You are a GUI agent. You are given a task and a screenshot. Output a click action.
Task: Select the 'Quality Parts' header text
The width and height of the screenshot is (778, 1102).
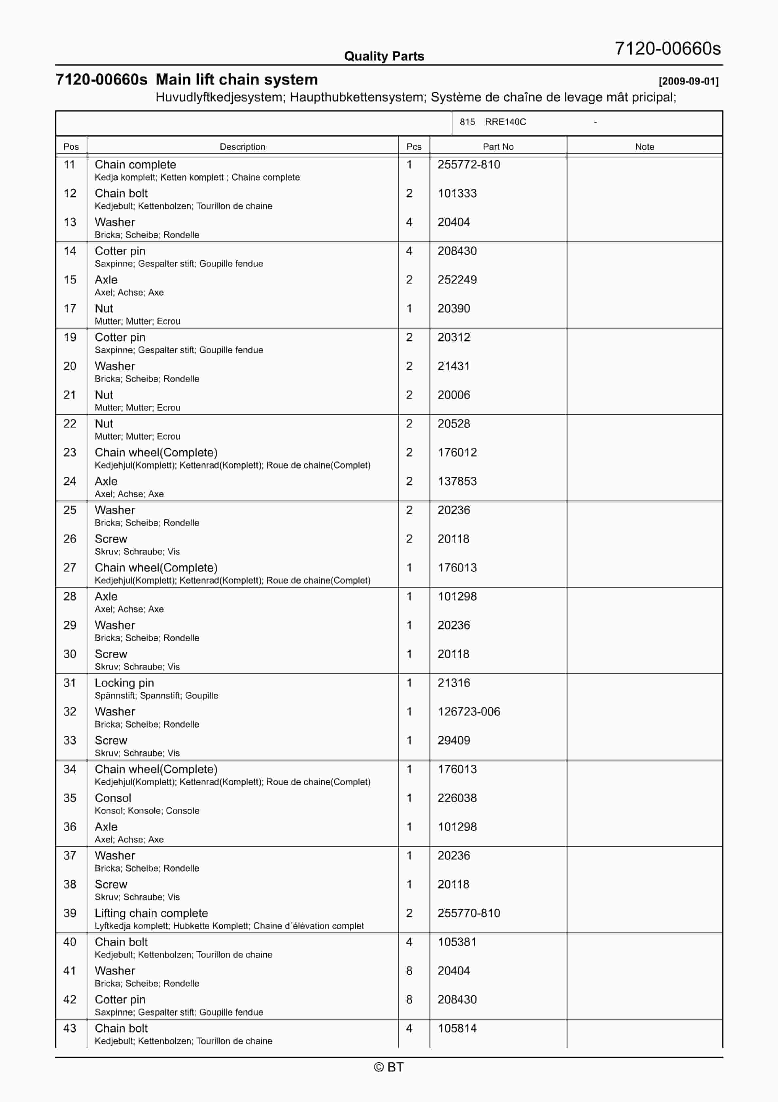(384, 56)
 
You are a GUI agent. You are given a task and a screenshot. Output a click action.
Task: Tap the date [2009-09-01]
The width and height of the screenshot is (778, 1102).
(688, 81)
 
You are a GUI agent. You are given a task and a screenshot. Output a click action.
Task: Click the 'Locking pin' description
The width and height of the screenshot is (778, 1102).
(124, 683)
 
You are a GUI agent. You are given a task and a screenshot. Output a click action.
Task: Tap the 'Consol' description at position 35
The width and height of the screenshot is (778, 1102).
(113, 798)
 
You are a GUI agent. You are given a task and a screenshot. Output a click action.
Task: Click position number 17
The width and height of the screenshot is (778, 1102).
(70, 309)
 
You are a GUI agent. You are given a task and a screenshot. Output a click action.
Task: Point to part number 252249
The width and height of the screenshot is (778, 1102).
(457, 280)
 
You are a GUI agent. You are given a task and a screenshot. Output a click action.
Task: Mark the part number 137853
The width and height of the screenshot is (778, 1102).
(457, 481)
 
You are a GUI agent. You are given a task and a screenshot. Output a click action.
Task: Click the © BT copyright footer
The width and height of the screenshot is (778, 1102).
(389, 1067)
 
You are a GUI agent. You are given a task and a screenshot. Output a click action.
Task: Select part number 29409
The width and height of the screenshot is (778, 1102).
(453, 740)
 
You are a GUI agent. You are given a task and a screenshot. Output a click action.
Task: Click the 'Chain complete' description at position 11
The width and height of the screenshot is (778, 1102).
(135, 165)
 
